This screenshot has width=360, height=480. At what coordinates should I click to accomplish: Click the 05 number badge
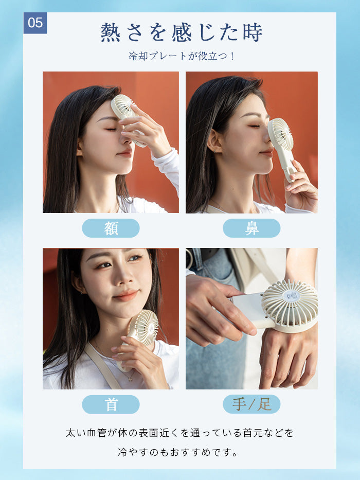click(35, 23)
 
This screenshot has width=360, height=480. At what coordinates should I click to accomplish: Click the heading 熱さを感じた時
click(182, 32)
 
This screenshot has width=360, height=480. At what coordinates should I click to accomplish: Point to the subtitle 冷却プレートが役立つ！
click(182, 56)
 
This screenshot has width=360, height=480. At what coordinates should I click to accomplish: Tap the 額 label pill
click(111, 228)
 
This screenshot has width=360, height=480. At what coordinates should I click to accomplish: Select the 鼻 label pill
click(251, 228)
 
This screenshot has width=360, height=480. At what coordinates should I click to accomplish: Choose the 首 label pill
click(111, 404)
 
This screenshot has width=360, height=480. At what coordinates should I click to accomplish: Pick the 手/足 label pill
click(251, 404)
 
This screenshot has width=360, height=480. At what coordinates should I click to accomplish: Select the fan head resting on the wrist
click(290, 306)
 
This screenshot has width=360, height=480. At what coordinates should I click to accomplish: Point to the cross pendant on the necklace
click(130, 379)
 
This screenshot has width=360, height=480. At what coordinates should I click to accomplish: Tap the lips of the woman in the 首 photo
click(129, 295)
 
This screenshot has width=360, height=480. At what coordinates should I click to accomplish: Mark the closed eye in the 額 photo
click(112, 129)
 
